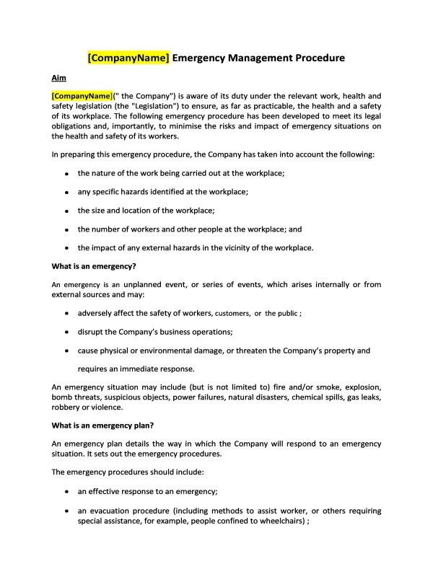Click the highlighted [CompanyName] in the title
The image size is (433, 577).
[128, 58]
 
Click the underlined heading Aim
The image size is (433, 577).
[59, 77]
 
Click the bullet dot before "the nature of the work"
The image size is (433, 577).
[66, 174]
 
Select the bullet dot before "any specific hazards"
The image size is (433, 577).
[66, 193]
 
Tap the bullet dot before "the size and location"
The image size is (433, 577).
[66, 211]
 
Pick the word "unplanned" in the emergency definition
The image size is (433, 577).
[162, 284]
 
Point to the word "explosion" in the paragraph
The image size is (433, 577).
[359, 387]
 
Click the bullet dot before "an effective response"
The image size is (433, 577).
[66, 492]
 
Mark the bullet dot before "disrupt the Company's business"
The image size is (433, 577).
[66, 332]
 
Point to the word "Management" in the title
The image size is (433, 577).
[242, 58]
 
